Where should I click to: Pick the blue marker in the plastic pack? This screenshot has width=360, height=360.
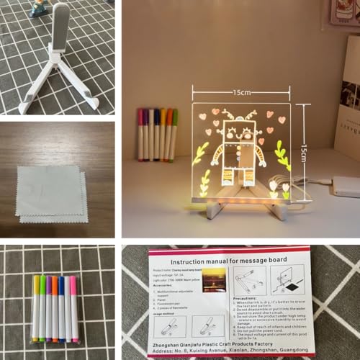click(61, 310)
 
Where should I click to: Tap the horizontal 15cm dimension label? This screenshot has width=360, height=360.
click(241, 92)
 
